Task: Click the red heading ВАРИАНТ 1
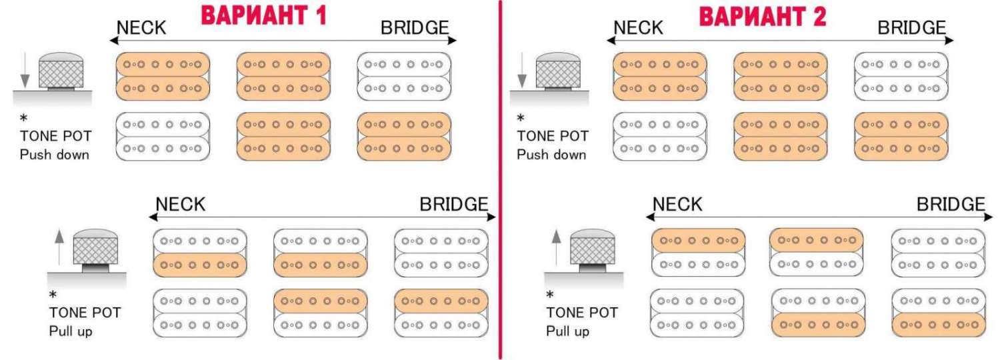pyautogui.click(x=264, y=15)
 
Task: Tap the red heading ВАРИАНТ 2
pyautogui.click(x=763, y=17)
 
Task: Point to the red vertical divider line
pyautogui.click(x=499, y=180)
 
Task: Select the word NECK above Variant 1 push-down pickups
pyautogui.click(x=141, y=28)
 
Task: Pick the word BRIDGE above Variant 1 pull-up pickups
pyautogui.click(x=454, y=204)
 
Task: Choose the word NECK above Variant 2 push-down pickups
pyautogui.click(x=638, y=28)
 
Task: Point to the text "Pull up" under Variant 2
pyautogui.click(x=567, y=331)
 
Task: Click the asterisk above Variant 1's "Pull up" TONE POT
pyautogui.click(x=53, y=294)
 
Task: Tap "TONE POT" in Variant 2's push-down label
pyautogui.click(x=553, y=136)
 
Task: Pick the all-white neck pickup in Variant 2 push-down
pyautogui.click(x=660, y=136)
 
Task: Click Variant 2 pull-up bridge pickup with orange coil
pyautogui.click(x=939, y=312)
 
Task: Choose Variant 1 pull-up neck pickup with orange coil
pyautogui.click(x=200, y=253)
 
